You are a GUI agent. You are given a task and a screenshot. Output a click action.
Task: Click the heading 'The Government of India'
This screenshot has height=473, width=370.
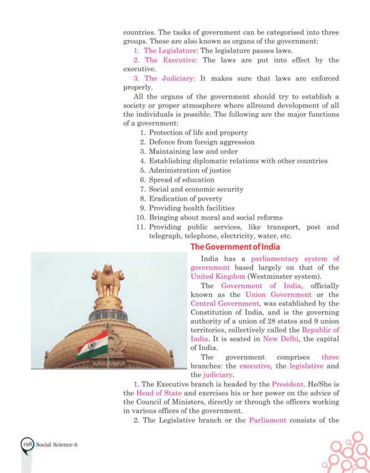click(235, 247)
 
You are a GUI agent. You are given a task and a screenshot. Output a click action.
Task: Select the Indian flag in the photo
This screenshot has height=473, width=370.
click(93, 345)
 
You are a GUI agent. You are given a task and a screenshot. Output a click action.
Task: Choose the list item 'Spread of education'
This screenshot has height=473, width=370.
click(181, 180)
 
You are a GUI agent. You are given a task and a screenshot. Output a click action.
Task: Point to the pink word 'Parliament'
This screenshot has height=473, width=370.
click(268, 420)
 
